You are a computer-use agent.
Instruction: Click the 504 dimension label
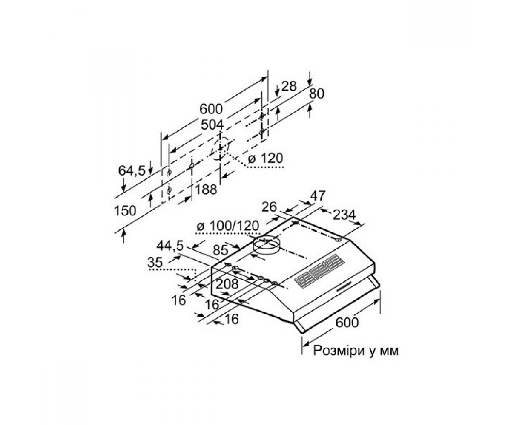coord(212,125)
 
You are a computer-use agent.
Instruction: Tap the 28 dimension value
coord(289,86)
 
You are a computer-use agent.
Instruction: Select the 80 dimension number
coord(316,94)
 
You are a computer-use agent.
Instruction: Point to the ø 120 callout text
coord(265,158)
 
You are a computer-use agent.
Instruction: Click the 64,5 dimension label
coord(132,170)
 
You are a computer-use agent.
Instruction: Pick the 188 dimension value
coord(206,190)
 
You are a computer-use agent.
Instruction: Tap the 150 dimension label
coord(125,211)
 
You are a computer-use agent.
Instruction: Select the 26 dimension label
coord(269,207)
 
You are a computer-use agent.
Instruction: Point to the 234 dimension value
coord(344,215)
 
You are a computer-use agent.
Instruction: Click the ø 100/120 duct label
coord(227,226)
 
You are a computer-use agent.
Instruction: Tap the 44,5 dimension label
coord(170,246)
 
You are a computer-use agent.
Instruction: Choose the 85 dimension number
coord(220,250)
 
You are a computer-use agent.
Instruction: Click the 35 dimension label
coord(155,263)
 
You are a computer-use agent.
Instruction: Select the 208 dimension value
coord(227,284)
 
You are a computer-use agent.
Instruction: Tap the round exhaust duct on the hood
coord(266,245)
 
